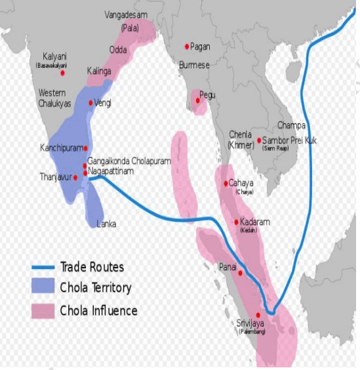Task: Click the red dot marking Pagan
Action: pyautogui.click(x=187, y=46)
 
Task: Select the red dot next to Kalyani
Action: pyautogui.click(x=63, y=72)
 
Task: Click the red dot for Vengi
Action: pyautogui.click(x=91, y=102)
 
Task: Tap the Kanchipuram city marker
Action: pyautogui.click(x=85, y=148)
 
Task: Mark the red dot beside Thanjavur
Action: pyautogui.click(x=75, y=177)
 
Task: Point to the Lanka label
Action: pyautogui.click(x=106, y=224)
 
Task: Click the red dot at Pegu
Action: pyautogui.click(x=197, y=100)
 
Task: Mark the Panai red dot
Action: pyautogui.click(x=241, y=273)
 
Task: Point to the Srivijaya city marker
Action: pyautogui.click(x=258, y=315)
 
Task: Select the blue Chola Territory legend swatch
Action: pyautogui.click(x=43, y=287)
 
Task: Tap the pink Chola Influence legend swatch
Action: pyautogui.click(x=43, y=310)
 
